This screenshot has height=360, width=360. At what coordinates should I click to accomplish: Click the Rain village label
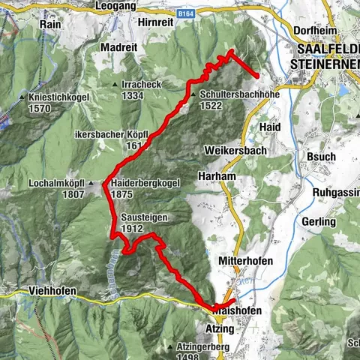[x=51, y=23]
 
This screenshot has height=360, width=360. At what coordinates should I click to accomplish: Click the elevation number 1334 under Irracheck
[x=132, y=96]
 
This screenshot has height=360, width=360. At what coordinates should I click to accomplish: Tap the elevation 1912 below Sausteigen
[x=132, y=228]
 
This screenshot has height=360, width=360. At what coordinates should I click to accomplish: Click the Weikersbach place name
[x=232, y=150]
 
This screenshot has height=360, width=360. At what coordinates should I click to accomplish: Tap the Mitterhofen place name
[x=242, y=261]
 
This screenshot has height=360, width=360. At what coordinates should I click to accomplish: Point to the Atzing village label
[x=220, y=328]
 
